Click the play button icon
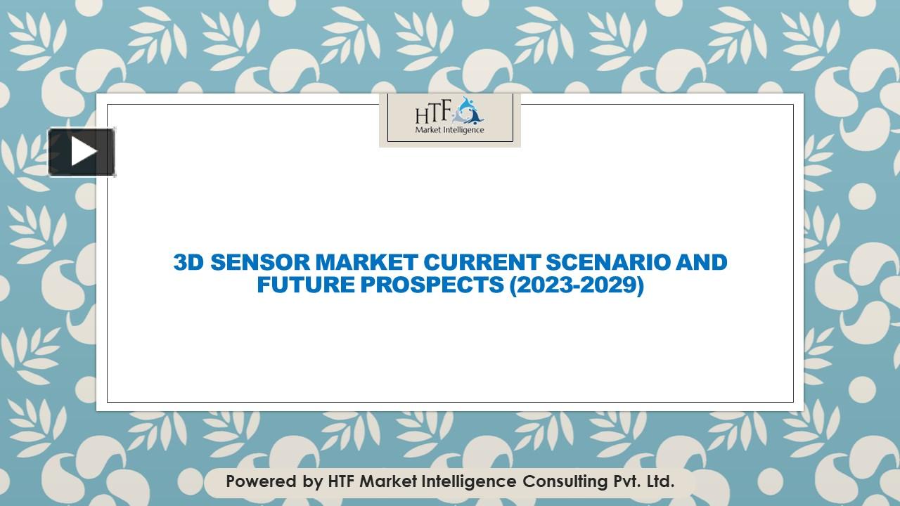point(82,152)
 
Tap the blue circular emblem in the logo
point(468,110)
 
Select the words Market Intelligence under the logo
point(449,130)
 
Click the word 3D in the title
point(188,262)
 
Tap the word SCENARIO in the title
point(608,262)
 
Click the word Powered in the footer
point(261,481)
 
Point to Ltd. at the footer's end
point(660,481)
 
